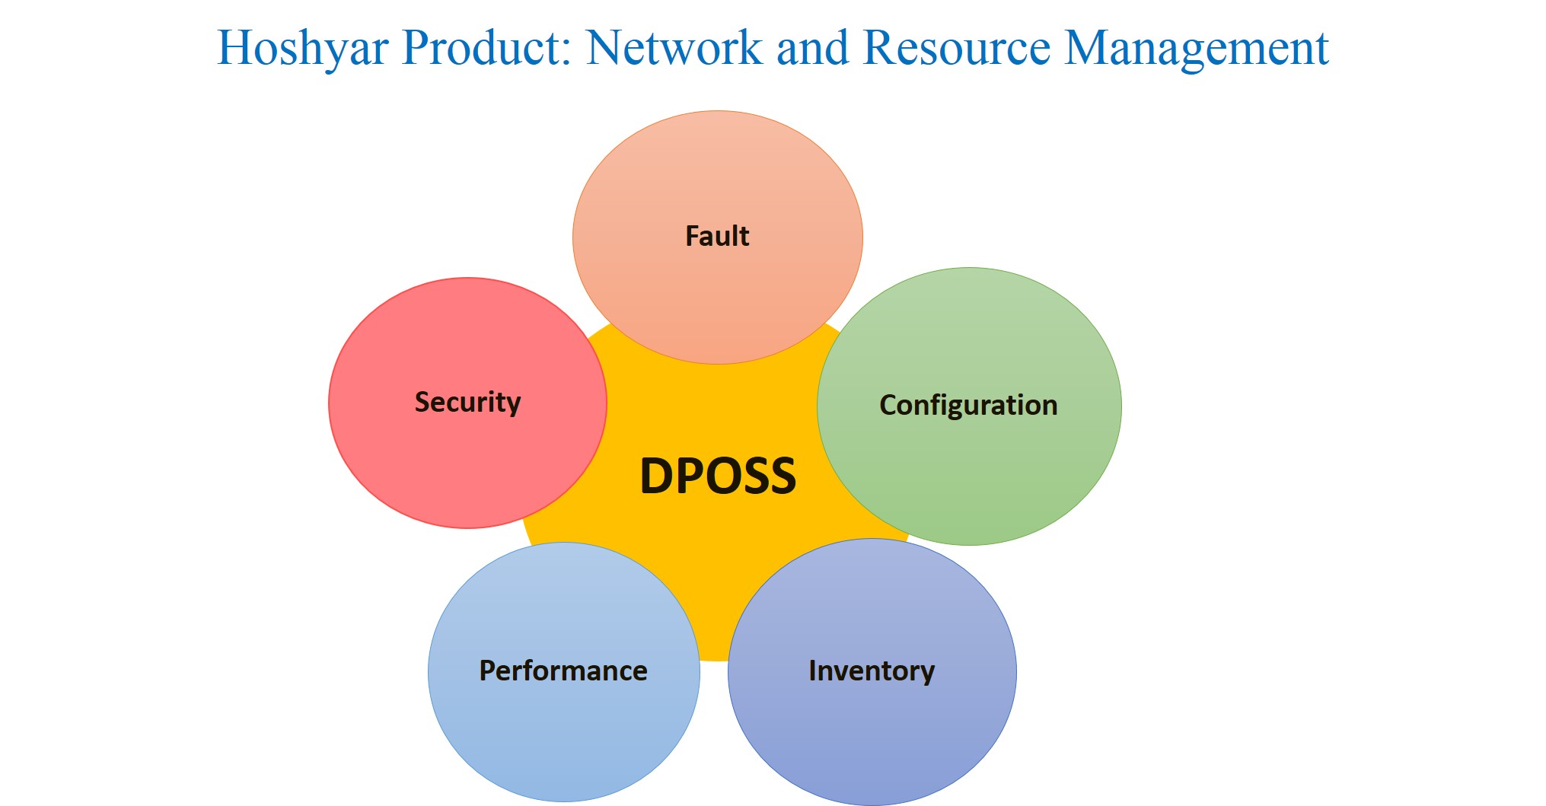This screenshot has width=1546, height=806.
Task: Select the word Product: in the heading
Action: [x=487, y=47]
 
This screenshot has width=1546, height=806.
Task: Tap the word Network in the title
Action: [x=674, y=47]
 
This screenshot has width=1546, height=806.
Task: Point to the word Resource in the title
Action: [x=957, y=47]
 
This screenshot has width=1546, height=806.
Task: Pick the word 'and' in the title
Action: [x=812, y=47]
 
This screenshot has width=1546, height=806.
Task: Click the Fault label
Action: [x=717, y=236]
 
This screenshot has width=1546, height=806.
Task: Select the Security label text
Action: [x=467, y=403]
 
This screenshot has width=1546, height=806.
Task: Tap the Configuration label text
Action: [x=968, y=406]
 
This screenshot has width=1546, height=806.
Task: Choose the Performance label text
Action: [x=563, y=671]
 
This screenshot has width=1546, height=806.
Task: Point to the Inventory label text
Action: [x=872, y=671]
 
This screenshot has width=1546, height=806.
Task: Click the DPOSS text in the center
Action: [x=718, y=476]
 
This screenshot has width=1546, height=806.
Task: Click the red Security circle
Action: [x=467, y=403]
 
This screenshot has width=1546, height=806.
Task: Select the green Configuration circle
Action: [x=969, y=406]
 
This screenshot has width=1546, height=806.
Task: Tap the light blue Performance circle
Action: [x=564, y=672]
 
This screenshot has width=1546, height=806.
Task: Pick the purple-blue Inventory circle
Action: [x=872, y=672]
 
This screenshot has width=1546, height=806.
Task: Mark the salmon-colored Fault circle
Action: [x=718, y=237]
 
